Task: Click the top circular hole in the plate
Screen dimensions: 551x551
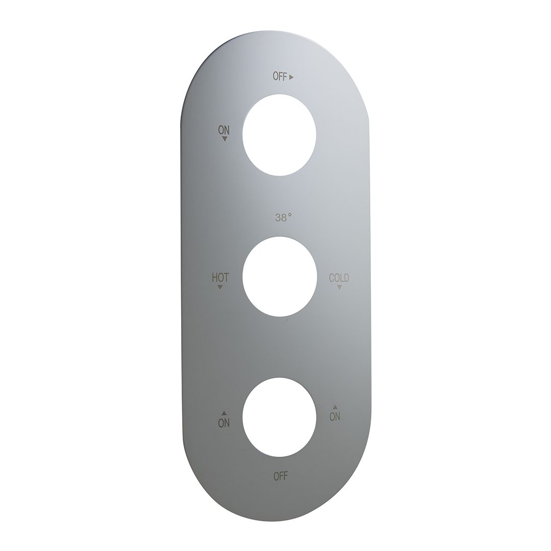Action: pyautogui.click(x=279, y=135)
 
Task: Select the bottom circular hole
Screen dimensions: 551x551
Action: pyautogui.click(x=280, y=417)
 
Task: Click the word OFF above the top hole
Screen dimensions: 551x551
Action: pyautogui.click(x=280, y=77)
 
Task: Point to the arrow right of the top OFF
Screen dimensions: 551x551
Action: pyautogui.click(x=292, y=78)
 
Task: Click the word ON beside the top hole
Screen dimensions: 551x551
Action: pyautogui.click(x=224, y=130)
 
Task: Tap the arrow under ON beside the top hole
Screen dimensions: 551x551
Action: pyautogui.click(x=224, y=138)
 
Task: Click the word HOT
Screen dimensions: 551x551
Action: pyautogui.click(x=220, y=278)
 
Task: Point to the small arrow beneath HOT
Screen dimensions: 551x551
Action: pyautogui.click(x=220, y=287)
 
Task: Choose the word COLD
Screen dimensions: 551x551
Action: pyautogui.click(x=339, y=278)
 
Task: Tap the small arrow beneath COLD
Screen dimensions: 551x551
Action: pyautogui.click(x=339, y=287)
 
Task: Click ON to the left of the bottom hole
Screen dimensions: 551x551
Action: pyautogui.click(x=223, y=422)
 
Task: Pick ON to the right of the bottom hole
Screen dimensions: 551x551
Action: pyautogui.click(x=335, y=416)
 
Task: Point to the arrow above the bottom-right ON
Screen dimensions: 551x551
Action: pyautogui.click(x=335, y=407)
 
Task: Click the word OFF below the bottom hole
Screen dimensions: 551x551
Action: pyautogui.click(x=281, y=477)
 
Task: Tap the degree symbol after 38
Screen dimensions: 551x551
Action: pyautogui.click(x=290, y=215)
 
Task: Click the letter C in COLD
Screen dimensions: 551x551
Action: pyautogui.click(x=331, y=278)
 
